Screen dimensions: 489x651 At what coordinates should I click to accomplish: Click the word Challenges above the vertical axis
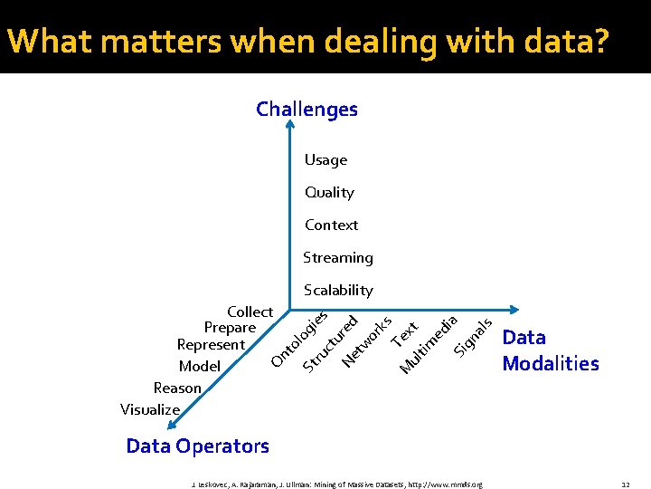click(307, 110)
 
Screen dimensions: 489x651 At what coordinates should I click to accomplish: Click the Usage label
click(325, 159)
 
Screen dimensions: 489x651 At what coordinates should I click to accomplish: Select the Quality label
click(329, 192)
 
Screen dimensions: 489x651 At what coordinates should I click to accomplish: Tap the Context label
click(331, 225)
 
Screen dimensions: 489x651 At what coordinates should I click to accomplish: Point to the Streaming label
click(337, 257)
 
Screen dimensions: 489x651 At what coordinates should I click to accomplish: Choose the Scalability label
click(338, 290)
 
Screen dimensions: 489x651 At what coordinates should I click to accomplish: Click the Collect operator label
click(250, 312)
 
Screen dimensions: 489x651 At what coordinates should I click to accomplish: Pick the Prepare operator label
click(230, 327)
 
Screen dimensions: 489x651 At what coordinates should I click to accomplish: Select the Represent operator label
click(211, 344)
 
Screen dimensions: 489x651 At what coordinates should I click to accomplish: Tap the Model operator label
click(200, 366)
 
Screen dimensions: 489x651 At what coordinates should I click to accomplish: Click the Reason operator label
click(177, 388)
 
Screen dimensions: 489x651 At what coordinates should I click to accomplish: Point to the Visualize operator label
click(150, 409)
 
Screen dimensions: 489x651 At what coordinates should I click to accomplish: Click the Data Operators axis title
click(197, 446)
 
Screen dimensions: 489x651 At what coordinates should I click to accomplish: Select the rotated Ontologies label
click(299, 340)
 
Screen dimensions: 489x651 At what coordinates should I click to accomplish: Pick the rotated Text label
click(404, 333)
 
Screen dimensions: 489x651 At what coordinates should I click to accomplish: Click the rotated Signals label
click(473, 336)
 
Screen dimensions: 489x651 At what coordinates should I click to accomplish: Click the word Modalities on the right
click(550, 363)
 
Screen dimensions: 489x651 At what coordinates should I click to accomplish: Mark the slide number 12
click(625, 484)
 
